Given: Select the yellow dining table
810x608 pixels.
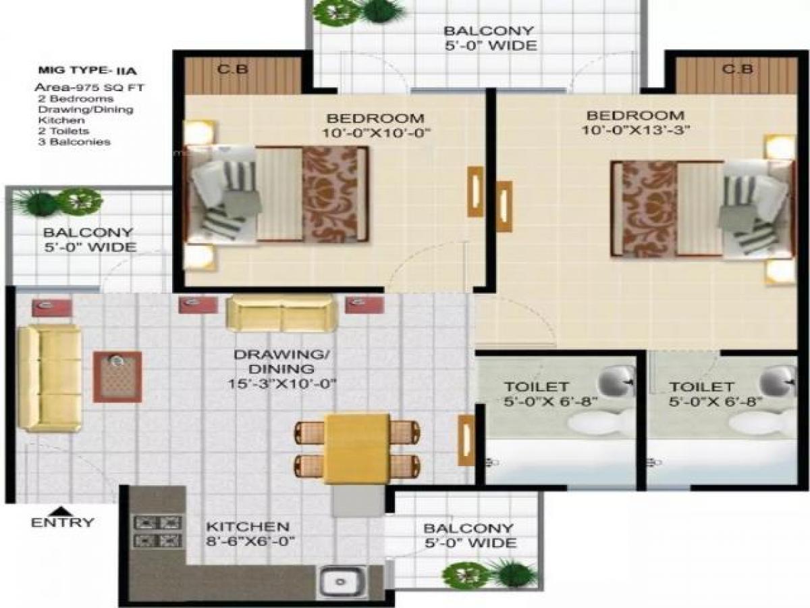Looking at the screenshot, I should pyautogui.click(x=356, y=448).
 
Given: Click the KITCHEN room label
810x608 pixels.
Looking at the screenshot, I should pyautogui.click(x=248, y=526).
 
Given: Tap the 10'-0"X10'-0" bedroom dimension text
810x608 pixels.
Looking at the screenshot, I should pyautogui.click(x=375, y=133).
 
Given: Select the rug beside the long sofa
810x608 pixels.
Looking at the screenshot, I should pyautogui.click(x=117, y=376).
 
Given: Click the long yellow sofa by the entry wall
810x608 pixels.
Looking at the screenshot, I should pyautogui.click(x=49, y=378).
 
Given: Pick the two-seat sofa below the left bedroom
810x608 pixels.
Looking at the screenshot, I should pyautogui.click(x=281, y=313).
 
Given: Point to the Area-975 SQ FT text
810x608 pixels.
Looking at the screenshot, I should pyautogui.click(x=90, y=88).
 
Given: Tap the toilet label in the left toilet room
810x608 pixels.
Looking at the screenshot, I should pyautogui.click(x=526, y=387).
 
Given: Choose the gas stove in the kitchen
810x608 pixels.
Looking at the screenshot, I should pyautogui.click(x=159, y=531).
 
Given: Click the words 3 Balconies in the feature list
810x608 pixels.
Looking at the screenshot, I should pyautogui.click(x=74, y=142).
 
